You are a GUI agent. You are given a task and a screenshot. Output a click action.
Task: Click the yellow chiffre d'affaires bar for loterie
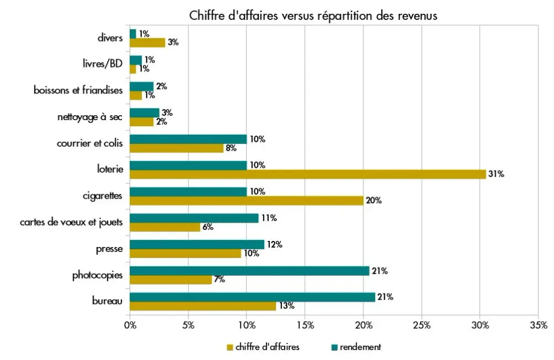[x=307, y=174]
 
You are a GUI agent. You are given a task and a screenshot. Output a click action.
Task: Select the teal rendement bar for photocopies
[x=249, y=271]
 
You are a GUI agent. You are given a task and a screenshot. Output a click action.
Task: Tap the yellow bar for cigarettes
[x=247, y=200]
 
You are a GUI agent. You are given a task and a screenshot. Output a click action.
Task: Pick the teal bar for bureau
[x=252, y=297]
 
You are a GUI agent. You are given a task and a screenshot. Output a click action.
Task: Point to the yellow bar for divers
[x=147, y=43]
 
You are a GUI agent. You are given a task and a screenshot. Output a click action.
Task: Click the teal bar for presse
[x=197, y=244]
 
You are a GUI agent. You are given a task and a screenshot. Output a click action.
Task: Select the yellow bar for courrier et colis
[x=176, y=148]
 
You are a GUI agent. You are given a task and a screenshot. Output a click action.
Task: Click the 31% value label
[x=496, y=174]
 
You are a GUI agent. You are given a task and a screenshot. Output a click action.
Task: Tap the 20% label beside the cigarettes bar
[x=374, y=200]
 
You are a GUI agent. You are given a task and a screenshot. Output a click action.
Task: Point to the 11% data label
[x=269, y=218]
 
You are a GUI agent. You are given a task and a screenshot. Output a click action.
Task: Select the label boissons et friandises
[x=78, y=90]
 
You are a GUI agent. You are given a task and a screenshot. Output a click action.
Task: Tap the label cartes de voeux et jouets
[x=71, y=223]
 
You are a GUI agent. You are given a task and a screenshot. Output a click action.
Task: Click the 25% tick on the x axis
[x=422, y=325]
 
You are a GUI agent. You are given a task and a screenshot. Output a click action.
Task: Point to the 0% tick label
[x=130, y=325]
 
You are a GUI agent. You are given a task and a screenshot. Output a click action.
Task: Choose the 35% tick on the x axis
[x=538, y=325]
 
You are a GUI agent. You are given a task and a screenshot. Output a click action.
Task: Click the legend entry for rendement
[x=360, y=347]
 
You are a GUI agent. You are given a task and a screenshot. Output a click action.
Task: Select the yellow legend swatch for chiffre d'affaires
[x=229, y=348]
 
